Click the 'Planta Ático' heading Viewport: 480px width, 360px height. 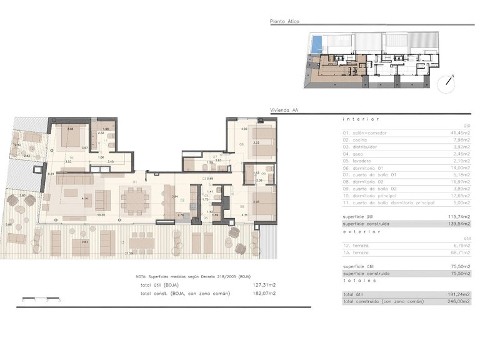click(284, 22)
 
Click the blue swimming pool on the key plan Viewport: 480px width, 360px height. click(317, 43)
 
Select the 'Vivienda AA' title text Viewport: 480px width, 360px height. click(282, 109)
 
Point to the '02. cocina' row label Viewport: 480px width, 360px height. click(355, 140)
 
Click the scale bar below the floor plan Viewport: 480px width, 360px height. click(41, 297)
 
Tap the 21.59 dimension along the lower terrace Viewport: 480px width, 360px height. click(129, 253)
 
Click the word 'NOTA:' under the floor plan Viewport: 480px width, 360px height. click(142, 276)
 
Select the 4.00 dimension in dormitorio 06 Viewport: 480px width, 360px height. click(244, 129)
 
